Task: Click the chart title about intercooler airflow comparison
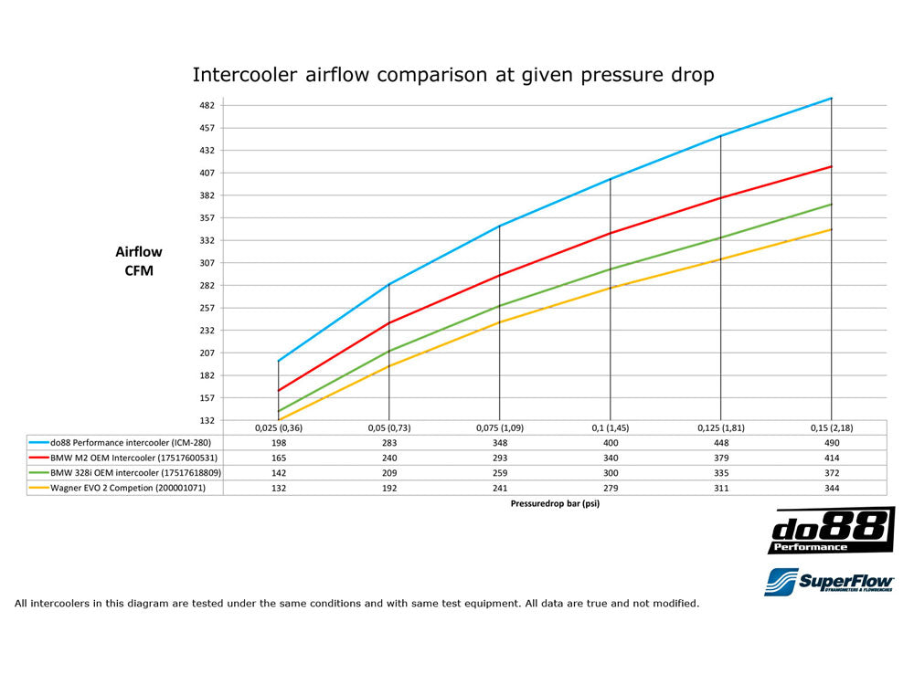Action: [x=452, y=74]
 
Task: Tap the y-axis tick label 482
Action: [x=207, y=106]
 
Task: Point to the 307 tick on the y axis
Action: [x=207, y=263]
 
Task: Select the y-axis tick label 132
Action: [x=207, y=420]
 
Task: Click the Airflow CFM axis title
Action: [x=139, y=261]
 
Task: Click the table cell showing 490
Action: [x=831, y=442]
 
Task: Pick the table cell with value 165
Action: [x=279, y=458]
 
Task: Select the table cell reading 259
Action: [x=499, y=473]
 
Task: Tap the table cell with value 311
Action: [x=720, y=489]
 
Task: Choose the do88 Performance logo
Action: [x=831, y=531]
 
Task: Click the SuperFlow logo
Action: [x=829, y=581]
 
